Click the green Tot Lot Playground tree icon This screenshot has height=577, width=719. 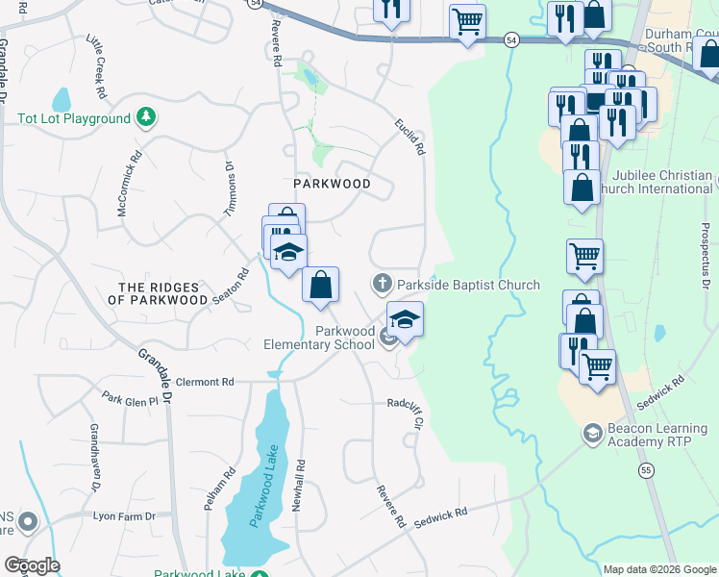[x=145, y=118]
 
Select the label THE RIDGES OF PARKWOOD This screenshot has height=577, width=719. [x=159, y=294]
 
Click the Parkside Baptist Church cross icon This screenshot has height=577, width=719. [x=382, y=284]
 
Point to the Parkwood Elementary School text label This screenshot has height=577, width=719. [x=319, y=338]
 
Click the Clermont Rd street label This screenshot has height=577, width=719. [x=207, y=382]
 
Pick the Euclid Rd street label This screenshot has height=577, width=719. [x=409, y=137]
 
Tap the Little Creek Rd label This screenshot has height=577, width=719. [x=100, y=67]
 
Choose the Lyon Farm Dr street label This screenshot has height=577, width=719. [x=124, y=516]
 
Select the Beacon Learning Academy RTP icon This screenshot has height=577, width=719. [x=593, y=434]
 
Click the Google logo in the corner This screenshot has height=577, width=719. [x=32, y=565]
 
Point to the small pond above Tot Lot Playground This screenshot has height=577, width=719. [x=62, y=100]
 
